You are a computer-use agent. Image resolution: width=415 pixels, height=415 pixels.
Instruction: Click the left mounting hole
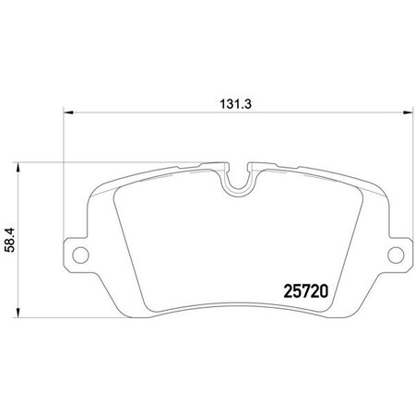pos(77,255)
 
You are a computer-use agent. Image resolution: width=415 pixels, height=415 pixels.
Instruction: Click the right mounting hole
pos(397,255)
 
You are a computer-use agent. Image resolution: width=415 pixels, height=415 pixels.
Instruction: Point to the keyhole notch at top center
pos(238,180)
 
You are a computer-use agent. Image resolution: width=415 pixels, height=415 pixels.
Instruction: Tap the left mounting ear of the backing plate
pos(76,255)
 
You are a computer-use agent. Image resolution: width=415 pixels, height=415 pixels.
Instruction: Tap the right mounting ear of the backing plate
pos(398,255)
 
